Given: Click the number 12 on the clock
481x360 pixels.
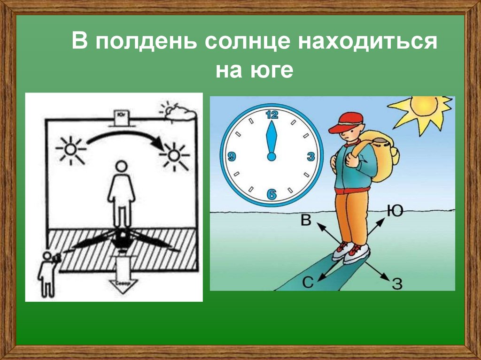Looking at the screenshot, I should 272,114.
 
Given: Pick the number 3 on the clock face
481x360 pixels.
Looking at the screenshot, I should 310,157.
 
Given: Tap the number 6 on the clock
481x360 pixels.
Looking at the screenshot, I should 271,194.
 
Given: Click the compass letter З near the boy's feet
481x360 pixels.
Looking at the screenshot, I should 397,283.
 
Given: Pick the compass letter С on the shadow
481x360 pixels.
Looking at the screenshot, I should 307,282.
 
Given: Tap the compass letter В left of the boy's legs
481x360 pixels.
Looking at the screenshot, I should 306,220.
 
